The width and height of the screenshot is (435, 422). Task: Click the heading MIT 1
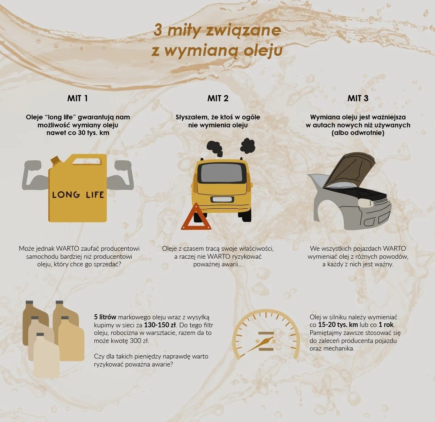coord(78,98)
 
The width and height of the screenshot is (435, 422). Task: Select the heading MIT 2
coord(218,98)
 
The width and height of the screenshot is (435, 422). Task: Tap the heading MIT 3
coord(358,98)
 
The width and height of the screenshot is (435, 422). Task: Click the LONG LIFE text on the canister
coord(78,194)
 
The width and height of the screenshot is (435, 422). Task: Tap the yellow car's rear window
coord(221,174)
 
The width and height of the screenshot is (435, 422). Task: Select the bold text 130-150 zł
coord(160,325)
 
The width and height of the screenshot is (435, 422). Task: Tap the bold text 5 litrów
coord(105,317)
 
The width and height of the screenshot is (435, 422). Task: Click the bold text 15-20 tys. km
coord(338,325)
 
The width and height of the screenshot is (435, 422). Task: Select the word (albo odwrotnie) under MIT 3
coord(358,133)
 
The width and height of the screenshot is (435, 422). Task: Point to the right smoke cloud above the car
coord(248,146)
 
